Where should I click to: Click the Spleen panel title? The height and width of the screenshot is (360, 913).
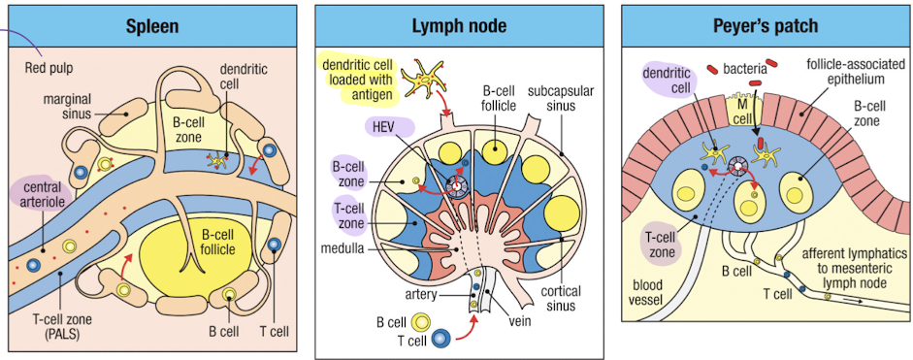click(151, 25)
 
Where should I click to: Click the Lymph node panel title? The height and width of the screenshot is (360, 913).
click(460, 25)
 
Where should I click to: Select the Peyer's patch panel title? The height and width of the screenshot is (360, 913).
click(766, 25)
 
